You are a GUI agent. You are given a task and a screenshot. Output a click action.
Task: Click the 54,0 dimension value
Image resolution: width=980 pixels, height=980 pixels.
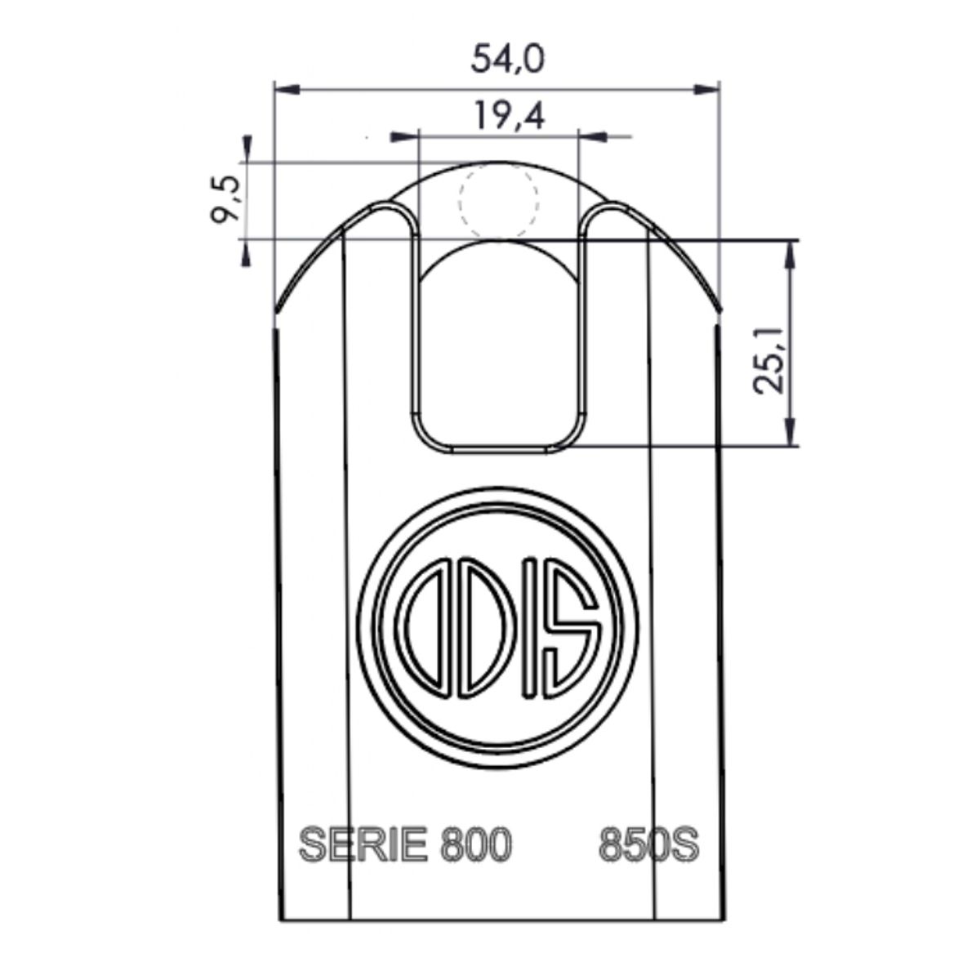(508, 60)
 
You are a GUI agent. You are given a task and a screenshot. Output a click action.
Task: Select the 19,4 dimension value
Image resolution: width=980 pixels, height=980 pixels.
(508, 117)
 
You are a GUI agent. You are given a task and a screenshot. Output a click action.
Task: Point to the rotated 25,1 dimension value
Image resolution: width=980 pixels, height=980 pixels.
(768, 359)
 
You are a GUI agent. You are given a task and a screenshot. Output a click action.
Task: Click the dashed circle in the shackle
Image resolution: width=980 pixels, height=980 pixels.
(499, 200)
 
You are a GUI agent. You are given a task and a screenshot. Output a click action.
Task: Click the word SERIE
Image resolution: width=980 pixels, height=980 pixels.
(364, 844)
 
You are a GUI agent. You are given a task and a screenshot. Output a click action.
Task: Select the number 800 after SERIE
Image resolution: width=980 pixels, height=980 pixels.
(476, 844)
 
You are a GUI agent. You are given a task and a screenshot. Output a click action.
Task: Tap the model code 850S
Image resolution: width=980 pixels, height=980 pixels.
(648, 844)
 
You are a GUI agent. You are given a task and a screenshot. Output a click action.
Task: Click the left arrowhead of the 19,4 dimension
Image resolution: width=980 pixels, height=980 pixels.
(403, 136)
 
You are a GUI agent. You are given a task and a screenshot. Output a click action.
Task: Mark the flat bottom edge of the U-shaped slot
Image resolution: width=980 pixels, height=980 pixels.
(499, 448)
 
